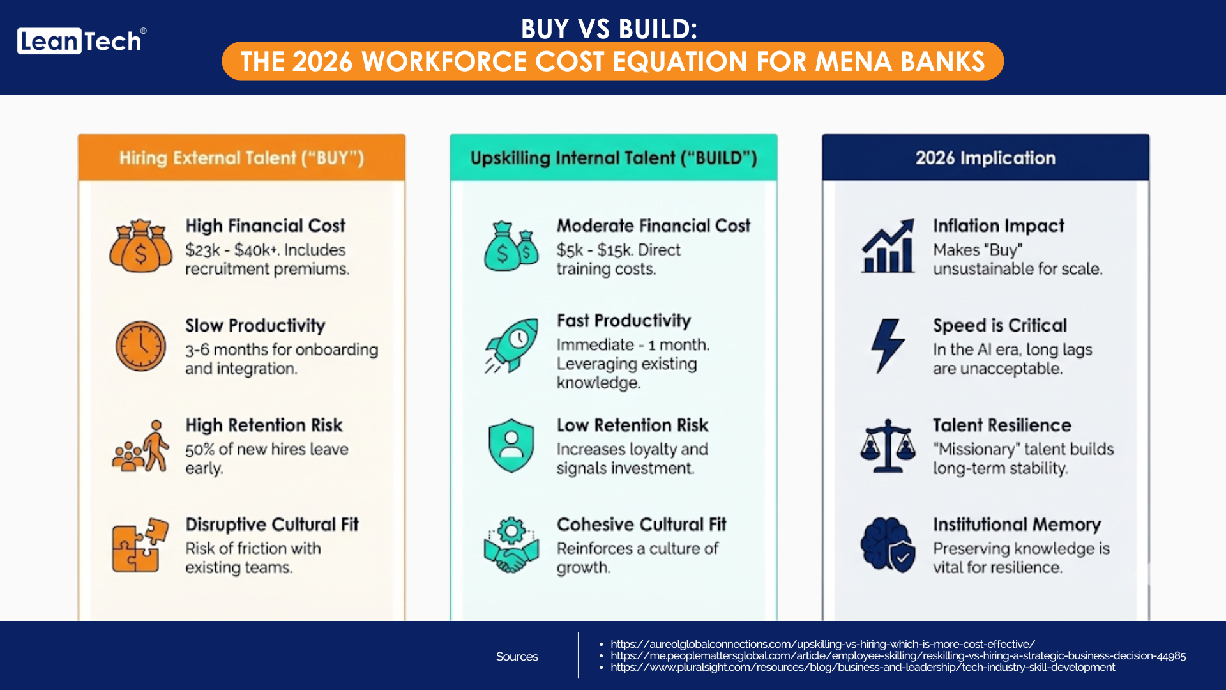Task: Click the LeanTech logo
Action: coord(81,41)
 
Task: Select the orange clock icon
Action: coord(140,346)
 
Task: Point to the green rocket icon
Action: coord(511,346)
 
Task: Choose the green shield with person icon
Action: coord(511,445)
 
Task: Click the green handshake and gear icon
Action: coord(511,545)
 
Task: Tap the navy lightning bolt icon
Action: coord(888,346)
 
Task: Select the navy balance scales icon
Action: coord(888,445)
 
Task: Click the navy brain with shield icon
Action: coord(888,545)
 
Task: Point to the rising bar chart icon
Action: coord(888,246)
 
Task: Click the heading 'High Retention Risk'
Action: coord(264,425)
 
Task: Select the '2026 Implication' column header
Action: coord(985,158)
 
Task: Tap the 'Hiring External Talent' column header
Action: coord(241,158)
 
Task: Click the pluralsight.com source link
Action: coord(863,667)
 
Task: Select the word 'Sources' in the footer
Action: coord(517,656)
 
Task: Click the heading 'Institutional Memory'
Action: coord(1017,525)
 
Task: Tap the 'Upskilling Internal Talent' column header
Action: coord(614,158)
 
